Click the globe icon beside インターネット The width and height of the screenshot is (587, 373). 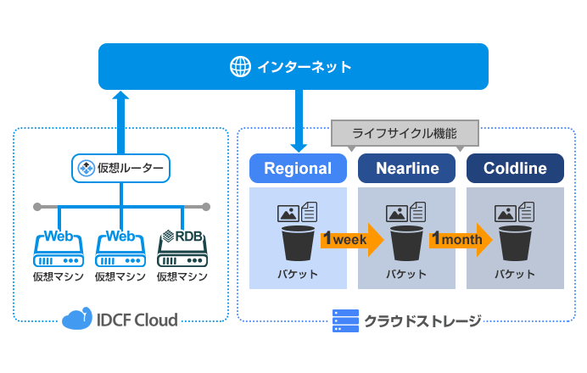[241, 65]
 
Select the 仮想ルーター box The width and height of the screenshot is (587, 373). [120, 168]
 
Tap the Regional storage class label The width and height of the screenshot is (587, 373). [298, 169]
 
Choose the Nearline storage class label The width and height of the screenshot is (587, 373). [406, 169]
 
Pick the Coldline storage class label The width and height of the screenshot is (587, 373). [515, 169]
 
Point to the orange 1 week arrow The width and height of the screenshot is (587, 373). [350, 240]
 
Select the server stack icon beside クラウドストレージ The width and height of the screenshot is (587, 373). [344, 320]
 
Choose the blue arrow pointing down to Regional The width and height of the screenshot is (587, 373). [298, 119]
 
